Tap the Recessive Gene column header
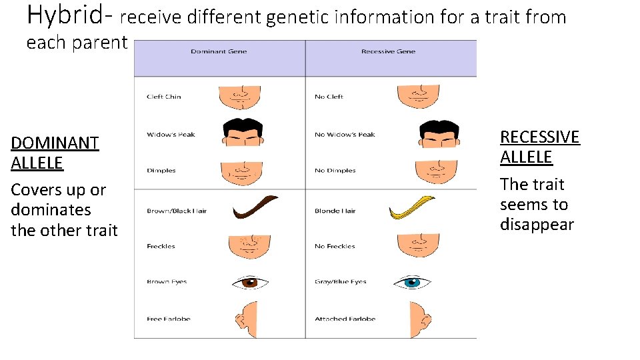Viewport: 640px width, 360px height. (387, 51)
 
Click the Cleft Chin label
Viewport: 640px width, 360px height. (163, 97)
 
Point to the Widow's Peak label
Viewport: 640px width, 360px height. (171, 135)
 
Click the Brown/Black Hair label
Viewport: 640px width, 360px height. (177, 211)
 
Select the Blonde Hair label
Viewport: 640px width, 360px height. (335, 211)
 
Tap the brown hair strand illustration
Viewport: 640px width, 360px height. (254, 207)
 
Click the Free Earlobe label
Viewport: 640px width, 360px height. (168, 319)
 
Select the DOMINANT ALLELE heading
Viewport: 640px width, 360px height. (55, 153)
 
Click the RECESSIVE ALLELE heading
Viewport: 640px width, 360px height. (539, 147)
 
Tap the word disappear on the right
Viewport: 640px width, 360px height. (537, 225)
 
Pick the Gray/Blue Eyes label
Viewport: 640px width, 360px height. (340, 282)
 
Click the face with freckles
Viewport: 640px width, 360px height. (248, 245)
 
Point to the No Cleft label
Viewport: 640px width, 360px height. (329, 97)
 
